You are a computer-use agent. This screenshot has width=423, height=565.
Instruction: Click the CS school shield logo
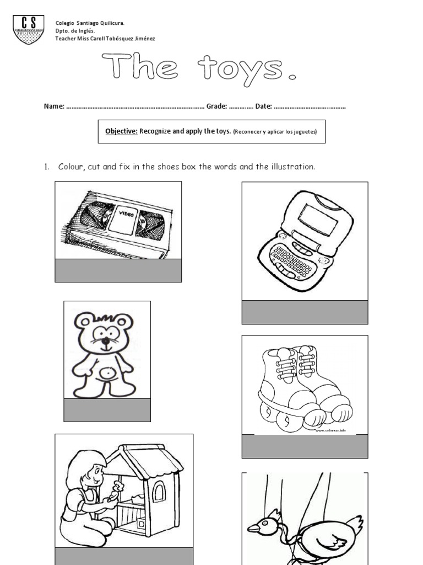click(x=28, y=29)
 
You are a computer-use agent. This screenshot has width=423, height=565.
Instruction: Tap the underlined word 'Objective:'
click(x=121, y=131)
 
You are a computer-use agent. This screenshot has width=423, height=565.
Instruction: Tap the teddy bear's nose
click(x=103, y=340)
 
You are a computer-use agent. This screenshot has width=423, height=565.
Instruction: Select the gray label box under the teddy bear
click(x=107, y=410)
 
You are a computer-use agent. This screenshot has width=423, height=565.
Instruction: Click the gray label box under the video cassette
click(x=118, y=270)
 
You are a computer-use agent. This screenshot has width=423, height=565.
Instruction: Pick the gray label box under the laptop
click(x=305, y=312)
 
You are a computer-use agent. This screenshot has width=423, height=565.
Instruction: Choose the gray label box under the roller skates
click(x=305, y=446)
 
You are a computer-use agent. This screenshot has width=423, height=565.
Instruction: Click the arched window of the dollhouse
click(x=158, y=491)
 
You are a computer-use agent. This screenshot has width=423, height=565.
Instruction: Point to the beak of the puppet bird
click(x=253, y=528)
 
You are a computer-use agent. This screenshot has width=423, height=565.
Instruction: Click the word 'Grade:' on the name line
click(x=216, y=106)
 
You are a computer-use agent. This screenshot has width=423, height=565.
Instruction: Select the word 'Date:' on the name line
click(x=263, y=106)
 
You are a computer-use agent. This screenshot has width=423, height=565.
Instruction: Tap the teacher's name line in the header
click(x=105, y=39)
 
